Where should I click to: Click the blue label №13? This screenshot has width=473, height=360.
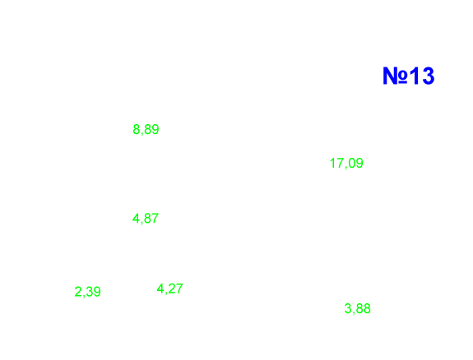click(409, 76)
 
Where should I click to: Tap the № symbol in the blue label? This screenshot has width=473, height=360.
click(396, 76)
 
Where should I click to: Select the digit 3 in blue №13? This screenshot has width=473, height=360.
click(429, 76)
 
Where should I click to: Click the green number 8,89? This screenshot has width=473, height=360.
click(146, 130)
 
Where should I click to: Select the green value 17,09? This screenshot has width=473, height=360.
click(346, 164)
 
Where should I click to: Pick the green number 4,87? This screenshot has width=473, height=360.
click(146, 219)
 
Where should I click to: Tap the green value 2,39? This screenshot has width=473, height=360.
click(87, 292)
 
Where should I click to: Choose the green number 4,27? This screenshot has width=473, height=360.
click(169, 288)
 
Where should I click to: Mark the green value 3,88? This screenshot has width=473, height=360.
click(358, 309)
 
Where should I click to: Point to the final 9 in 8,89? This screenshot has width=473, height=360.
click(155, 130)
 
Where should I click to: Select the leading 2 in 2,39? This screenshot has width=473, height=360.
click(78, 292)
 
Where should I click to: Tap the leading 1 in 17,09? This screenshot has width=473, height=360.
click(332, 163)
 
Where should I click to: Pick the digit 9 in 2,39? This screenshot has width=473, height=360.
click(97, 292)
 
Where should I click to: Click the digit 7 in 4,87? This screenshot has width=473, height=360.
click(155, 219)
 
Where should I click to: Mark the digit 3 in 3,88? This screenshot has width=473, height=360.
click(348, 309)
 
